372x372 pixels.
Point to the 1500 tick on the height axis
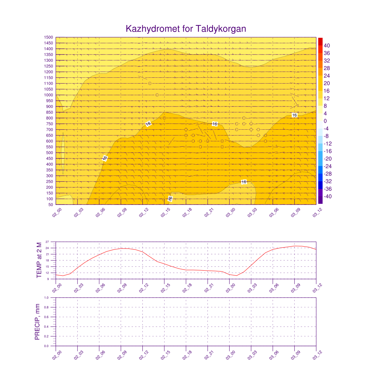49,37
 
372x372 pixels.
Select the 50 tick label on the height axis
50,205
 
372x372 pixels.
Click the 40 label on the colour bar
327,45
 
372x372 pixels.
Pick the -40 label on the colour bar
326,197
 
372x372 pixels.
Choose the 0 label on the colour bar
325,121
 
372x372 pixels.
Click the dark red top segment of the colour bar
320,41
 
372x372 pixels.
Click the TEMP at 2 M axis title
40,260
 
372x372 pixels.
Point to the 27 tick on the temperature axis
47,242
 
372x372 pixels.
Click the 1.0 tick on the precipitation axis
47,298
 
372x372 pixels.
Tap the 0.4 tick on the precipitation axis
47,327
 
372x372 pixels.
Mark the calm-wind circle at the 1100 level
150,84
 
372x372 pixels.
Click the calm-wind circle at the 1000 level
157,95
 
